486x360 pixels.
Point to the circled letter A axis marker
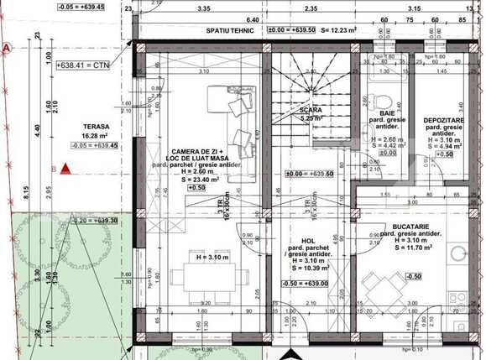[7, 50]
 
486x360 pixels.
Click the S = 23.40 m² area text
[195, 178]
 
